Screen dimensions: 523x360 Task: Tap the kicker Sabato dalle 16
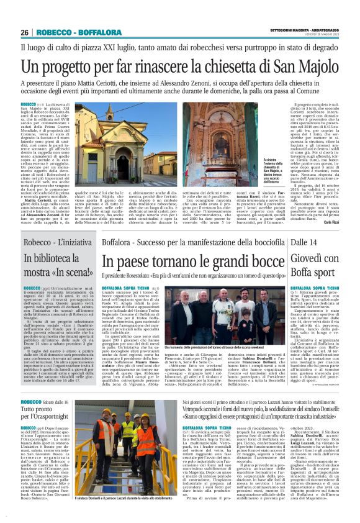click(x=57, y=404)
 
